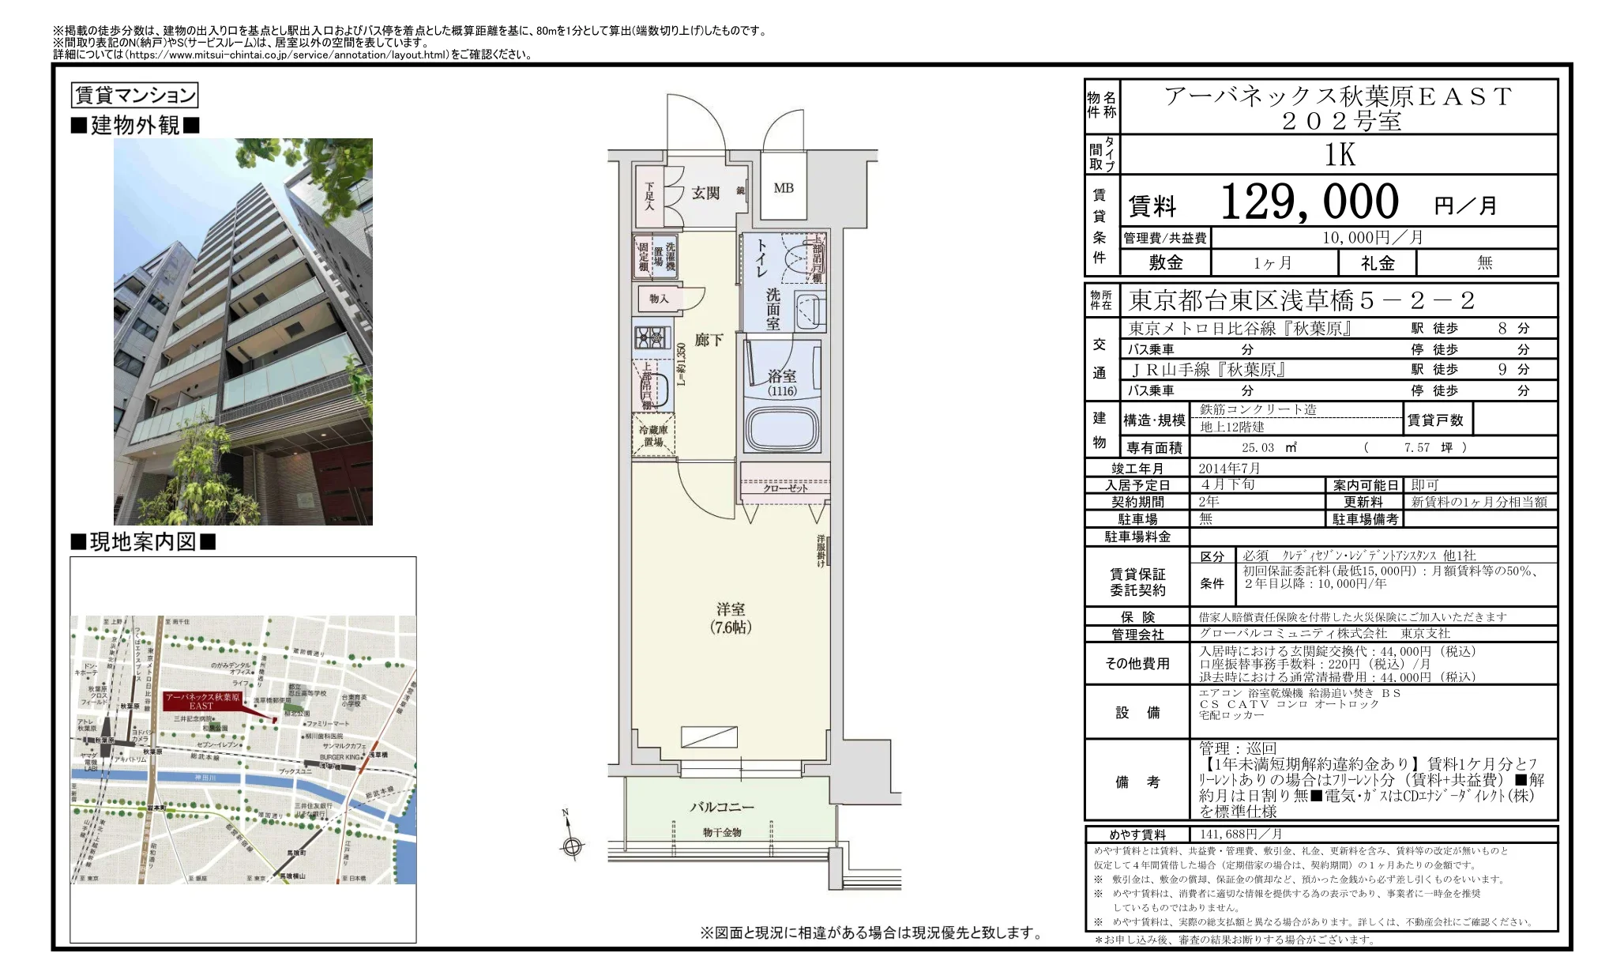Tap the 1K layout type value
click(1340, 155)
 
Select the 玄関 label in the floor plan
click(705, 193)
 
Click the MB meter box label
click(784, 188)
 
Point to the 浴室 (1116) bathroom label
click(782, 382)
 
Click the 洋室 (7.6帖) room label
click(731, 618)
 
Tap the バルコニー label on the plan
click(722, 807)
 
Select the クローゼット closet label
click(785, 488)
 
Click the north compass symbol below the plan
click(572, 846)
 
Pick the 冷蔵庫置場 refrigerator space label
click(653, 436)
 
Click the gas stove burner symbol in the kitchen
click(652, 337)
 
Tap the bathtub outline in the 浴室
click(782, 428)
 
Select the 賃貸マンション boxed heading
click(134, 96)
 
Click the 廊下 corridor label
click(709, 340)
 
